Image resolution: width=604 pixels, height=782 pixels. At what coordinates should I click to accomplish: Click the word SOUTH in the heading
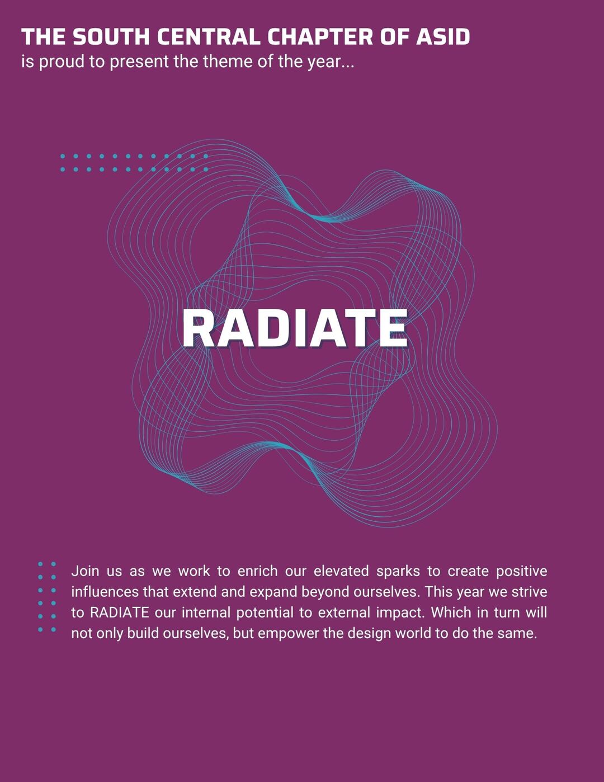click(111, 37)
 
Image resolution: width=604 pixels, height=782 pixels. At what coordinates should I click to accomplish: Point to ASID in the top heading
click(443, 37)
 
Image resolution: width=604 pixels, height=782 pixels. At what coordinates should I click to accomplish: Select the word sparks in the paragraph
click(398, 572)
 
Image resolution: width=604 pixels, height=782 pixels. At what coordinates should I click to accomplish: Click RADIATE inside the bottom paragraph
click(120, 613)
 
